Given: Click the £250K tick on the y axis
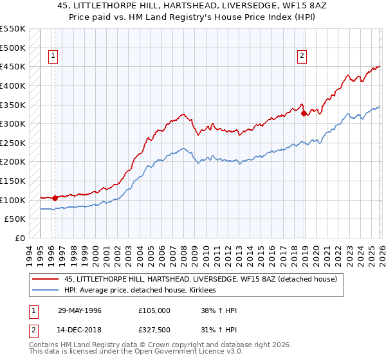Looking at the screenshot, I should (x=13, y=143).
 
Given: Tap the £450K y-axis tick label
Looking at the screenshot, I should (x=13, y=66).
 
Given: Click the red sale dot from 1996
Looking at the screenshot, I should (x=55, y=198).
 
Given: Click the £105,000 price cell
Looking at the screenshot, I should (x=154, y=310).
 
